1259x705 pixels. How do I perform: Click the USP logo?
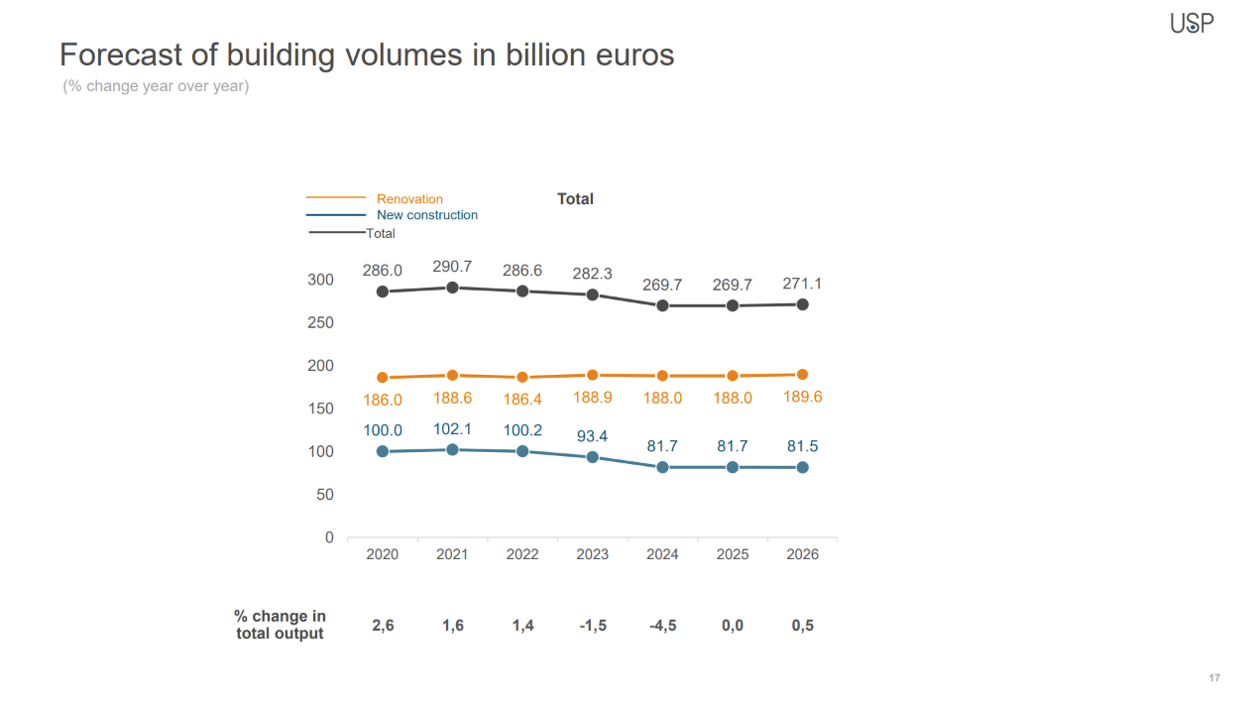(x=1192, y=23)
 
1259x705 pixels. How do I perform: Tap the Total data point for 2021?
(x=452, y=288)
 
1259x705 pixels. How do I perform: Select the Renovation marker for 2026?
(x=802, y=375)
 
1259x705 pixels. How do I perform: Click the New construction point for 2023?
(x=593, y=457)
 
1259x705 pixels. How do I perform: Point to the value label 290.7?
(x=452, y=267)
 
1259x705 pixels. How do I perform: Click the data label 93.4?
(x=593, y=436)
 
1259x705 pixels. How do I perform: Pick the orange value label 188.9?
(x=593, y=398)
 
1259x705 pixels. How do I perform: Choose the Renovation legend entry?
(x=409, y=199)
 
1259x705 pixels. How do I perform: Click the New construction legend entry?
(x=426, y=215)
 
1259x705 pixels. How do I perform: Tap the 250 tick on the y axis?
(x=320, y=322)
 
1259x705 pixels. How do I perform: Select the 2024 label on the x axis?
(x=662, y=554)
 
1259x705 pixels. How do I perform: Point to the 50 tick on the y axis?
(x=325, y=494)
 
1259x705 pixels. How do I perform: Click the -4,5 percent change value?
(x=662, y=626)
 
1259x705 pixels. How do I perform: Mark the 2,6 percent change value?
(x=383, y=626)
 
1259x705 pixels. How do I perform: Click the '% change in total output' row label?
(x=280, y=625)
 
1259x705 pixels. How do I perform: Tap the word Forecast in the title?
(x=120, y=54)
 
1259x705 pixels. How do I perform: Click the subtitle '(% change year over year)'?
(x=156, y=86)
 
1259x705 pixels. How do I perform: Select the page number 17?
(x=1214, y=678)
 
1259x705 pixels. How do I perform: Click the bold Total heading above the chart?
(x=575, y=199)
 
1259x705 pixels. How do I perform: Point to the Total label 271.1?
(x=802, y=284)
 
